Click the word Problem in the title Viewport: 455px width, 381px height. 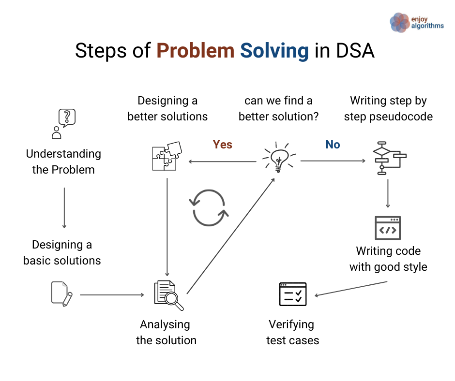tap(195, 51)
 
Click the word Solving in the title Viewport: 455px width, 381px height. tap(274, 51)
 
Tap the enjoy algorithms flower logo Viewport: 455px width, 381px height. tap(399, 23)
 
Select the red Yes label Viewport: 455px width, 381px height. tap(222, 145)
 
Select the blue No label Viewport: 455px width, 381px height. tap(333, 145)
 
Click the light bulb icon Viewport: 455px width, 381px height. tap(279, 157)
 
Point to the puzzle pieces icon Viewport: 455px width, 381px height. tap(167, 156)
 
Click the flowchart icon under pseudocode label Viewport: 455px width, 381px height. tap(390, 158)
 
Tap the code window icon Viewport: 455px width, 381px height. tap(388, 228)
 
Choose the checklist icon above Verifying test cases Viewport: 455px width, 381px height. tap(293, 294)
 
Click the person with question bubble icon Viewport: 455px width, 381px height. tap(63, 124)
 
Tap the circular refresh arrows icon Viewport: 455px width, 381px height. tap(209, 207)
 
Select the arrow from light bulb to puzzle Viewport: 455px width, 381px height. tap(223, 161)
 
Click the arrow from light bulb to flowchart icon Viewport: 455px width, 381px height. tap(333, 161)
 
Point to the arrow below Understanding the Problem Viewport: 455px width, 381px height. tap(64, 208)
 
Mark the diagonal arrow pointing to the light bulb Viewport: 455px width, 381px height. tap(231, 236)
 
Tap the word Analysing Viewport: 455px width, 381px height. tap(165, 325)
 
